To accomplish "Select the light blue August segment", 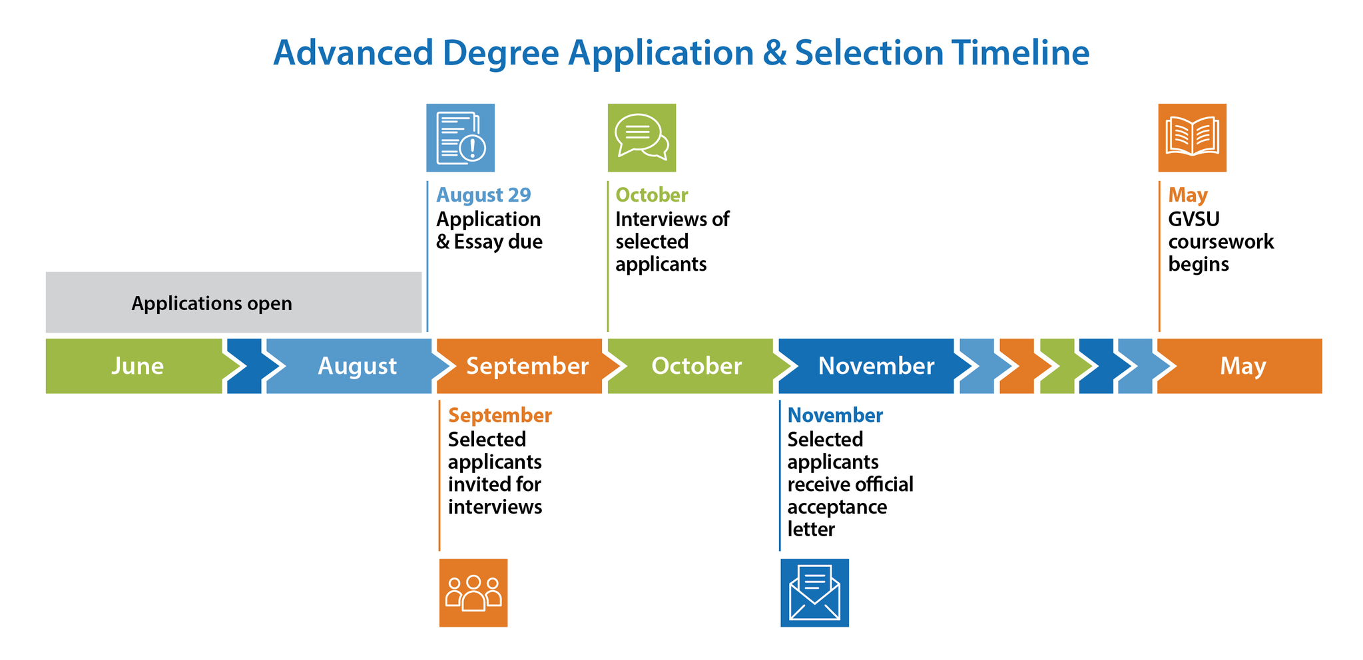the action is click(x=356, y=366).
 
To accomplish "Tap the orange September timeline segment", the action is click(x=526, y=366).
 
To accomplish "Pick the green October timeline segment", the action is click(x=696, y=366).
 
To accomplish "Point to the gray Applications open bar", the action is click(x=234, y=302).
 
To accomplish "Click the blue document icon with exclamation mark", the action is click(x=460, y=138).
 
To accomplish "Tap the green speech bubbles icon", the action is click(x=642, y=138).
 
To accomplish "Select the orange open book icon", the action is click(x=1192, y=138).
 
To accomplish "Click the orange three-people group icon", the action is click(x=473, y=593).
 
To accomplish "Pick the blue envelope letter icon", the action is click(x=814, y=593).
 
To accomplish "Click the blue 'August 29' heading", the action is click(x=483, y=195).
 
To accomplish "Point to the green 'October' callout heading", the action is click(x=652, y=195).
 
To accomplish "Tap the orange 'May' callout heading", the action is click(x=1188, y=195).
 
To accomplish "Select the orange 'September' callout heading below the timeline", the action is click(x=500, y=415).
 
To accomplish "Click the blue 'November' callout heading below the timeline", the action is click(x=835, y=415).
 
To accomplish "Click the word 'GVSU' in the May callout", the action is click(x=1194, y=219).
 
